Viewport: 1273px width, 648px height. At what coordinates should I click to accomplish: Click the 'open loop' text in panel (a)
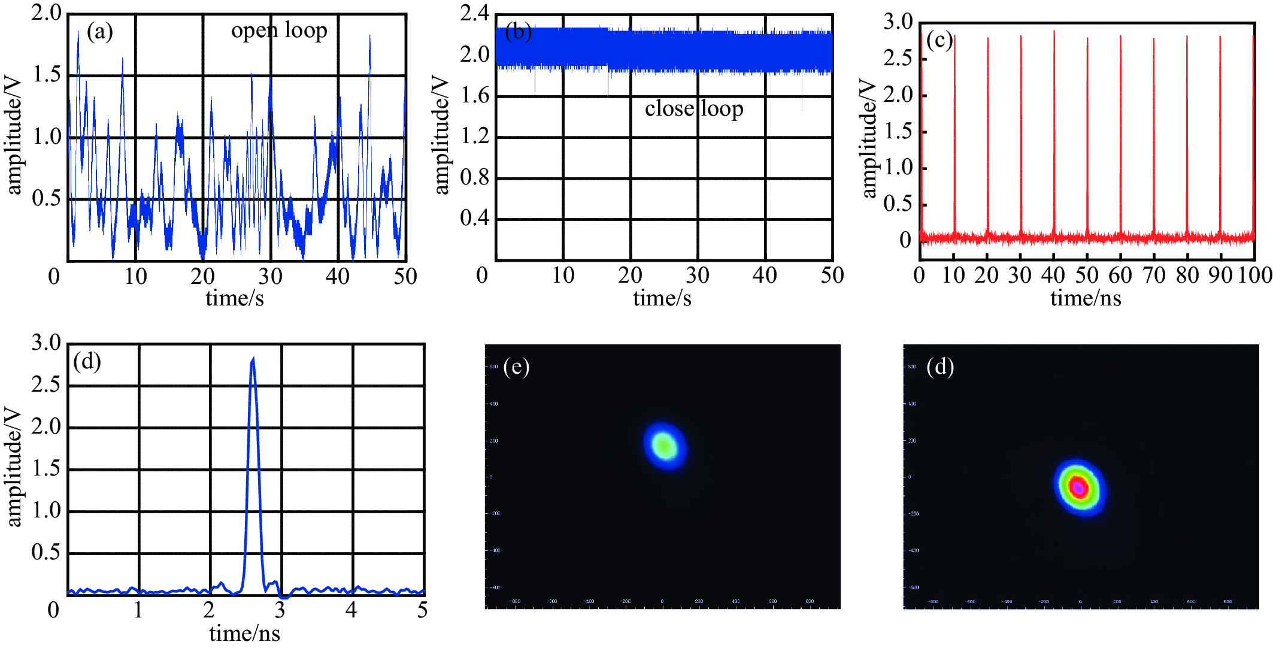(x=279, y=31)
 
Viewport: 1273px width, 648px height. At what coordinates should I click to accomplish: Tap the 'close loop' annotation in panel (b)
(x=694, y=109)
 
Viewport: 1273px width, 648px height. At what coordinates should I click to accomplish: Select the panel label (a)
(x=99, y=32)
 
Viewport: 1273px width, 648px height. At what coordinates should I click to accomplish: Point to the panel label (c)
(x=939, y=41)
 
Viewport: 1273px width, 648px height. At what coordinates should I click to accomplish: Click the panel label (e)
(x=516, y=367)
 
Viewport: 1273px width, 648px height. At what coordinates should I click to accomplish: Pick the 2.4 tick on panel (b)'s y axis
(x=474, y=13)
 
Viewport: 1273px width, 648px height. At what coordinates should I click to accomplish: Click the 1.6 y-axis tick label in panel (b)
(x=474, y=95)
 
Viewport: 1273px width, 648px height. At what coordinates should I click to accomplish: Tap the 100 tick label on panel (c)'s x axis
(x=1255, y=275)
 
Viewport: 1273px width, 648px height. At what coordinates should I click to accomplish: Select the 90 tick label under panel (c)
(x=1220, y=275)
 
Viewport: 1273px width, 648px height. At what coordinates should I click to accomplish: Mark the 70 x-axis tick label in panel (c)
(x=1153, y=275)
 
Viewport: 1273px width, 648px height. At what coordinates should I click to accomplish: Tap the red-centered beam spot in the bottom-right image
(x=1079, y=487)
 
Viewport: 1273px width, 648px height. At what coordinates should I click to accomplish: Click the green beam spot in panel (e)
(x=665, y=445)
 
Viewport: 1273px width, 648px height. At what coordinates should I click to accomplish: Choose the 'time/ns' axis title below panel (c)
(x=1086, y=298)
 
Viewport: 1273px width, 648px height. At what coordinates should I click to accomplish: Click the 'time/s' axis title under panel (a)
(x=235, y=298)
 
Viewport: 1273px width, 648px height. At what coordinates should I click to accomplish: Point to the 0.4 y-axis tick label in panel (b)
(x=474, y=219)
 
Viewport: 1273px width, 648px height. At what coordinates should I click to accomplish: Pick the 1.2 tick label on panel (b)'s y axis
(x=474, y=137)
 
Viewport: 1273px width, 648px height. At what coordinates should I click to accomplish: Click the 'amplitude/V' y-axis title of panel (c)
(x=869, y=138)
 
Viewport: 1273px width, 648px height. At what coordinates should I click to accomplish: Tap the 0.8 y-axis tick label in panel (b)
(x=474, y=178)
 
